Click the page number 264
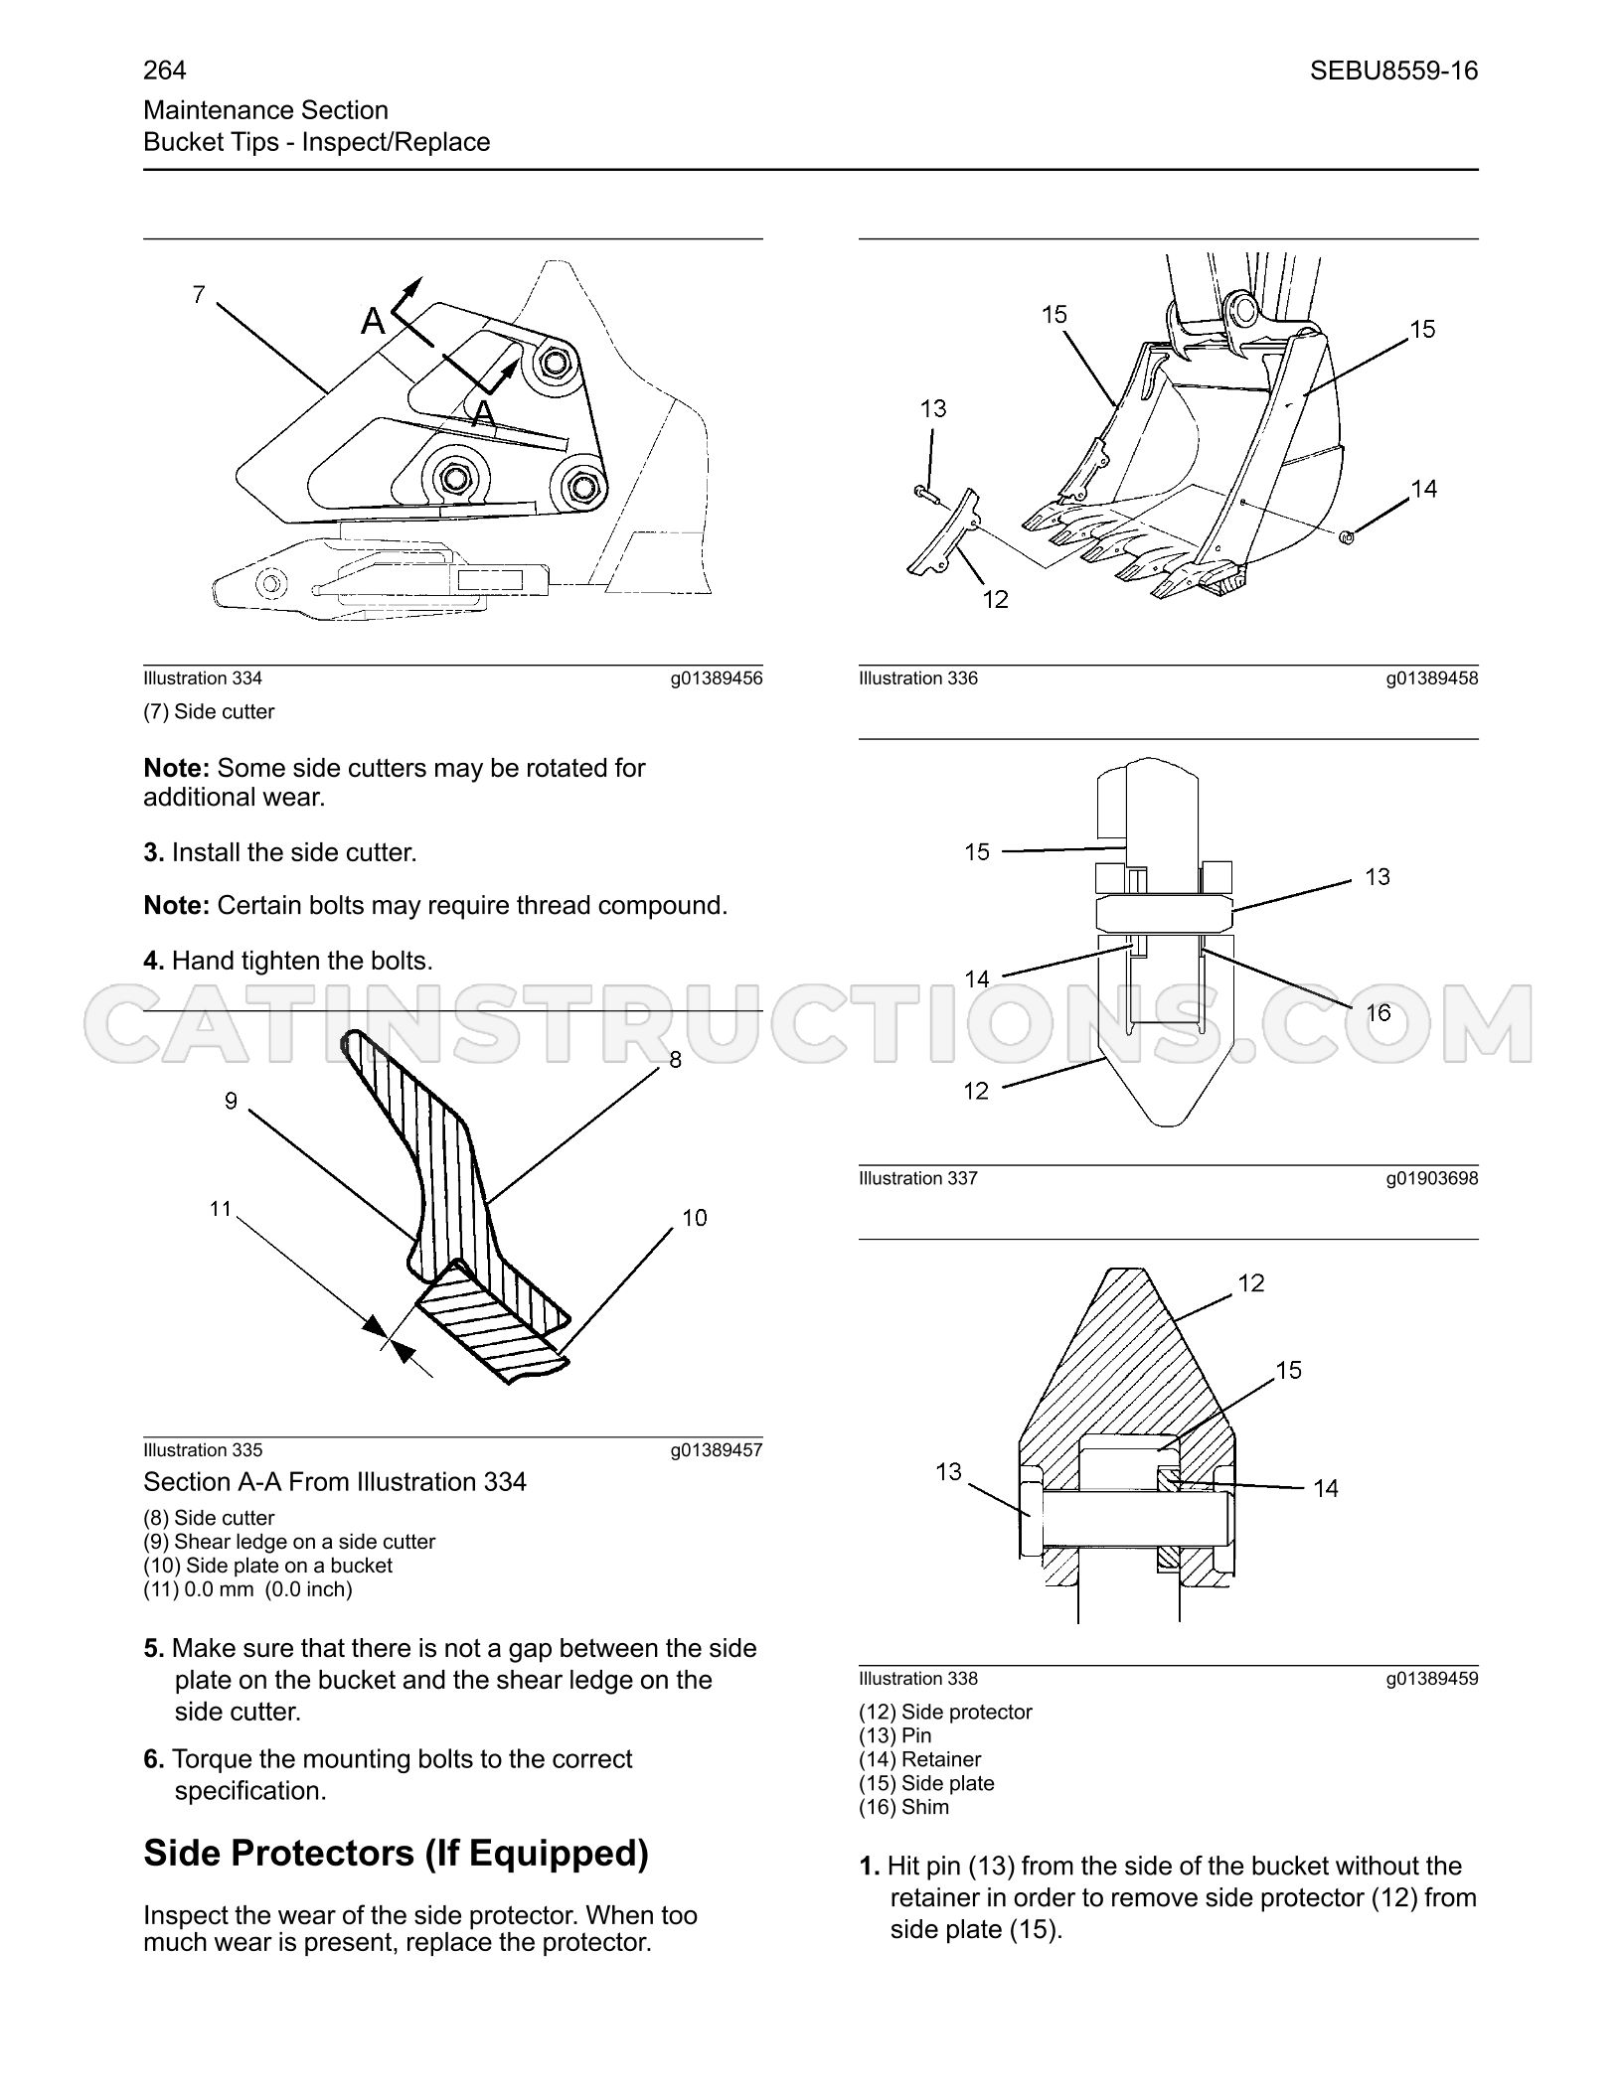click(165, 71)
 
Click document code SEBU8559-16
click(1393, 71)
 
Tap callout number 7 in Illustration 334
click(199, 294)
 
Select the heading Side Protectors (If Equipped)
click(396, 1854)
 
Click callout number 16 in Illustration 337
click(1379, 1012)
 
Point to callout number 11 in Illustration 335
click(220, 1209)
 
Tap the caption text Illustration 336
click(918, 678)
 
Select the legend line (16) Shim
click(903, 1807)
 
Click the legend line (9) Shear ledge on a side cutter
click(289, 1542)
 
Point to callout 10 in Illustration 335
click(695, 1218)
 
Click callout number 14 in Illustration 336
click(1424, 488)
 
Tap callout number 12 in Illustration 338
click(1251, 1283)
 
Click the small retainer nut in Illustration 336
click(1347, 537)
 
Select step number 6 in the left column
click(153, 1759)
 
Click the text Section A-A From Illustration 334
click(335, 1482)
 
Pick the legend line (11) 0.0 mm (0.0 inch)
click(248, 1589)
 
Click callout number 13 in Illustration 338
click(949, 1471)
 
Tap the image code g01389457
click(717, 1450)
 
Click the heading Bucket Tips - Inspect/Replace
click(317, 142)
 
